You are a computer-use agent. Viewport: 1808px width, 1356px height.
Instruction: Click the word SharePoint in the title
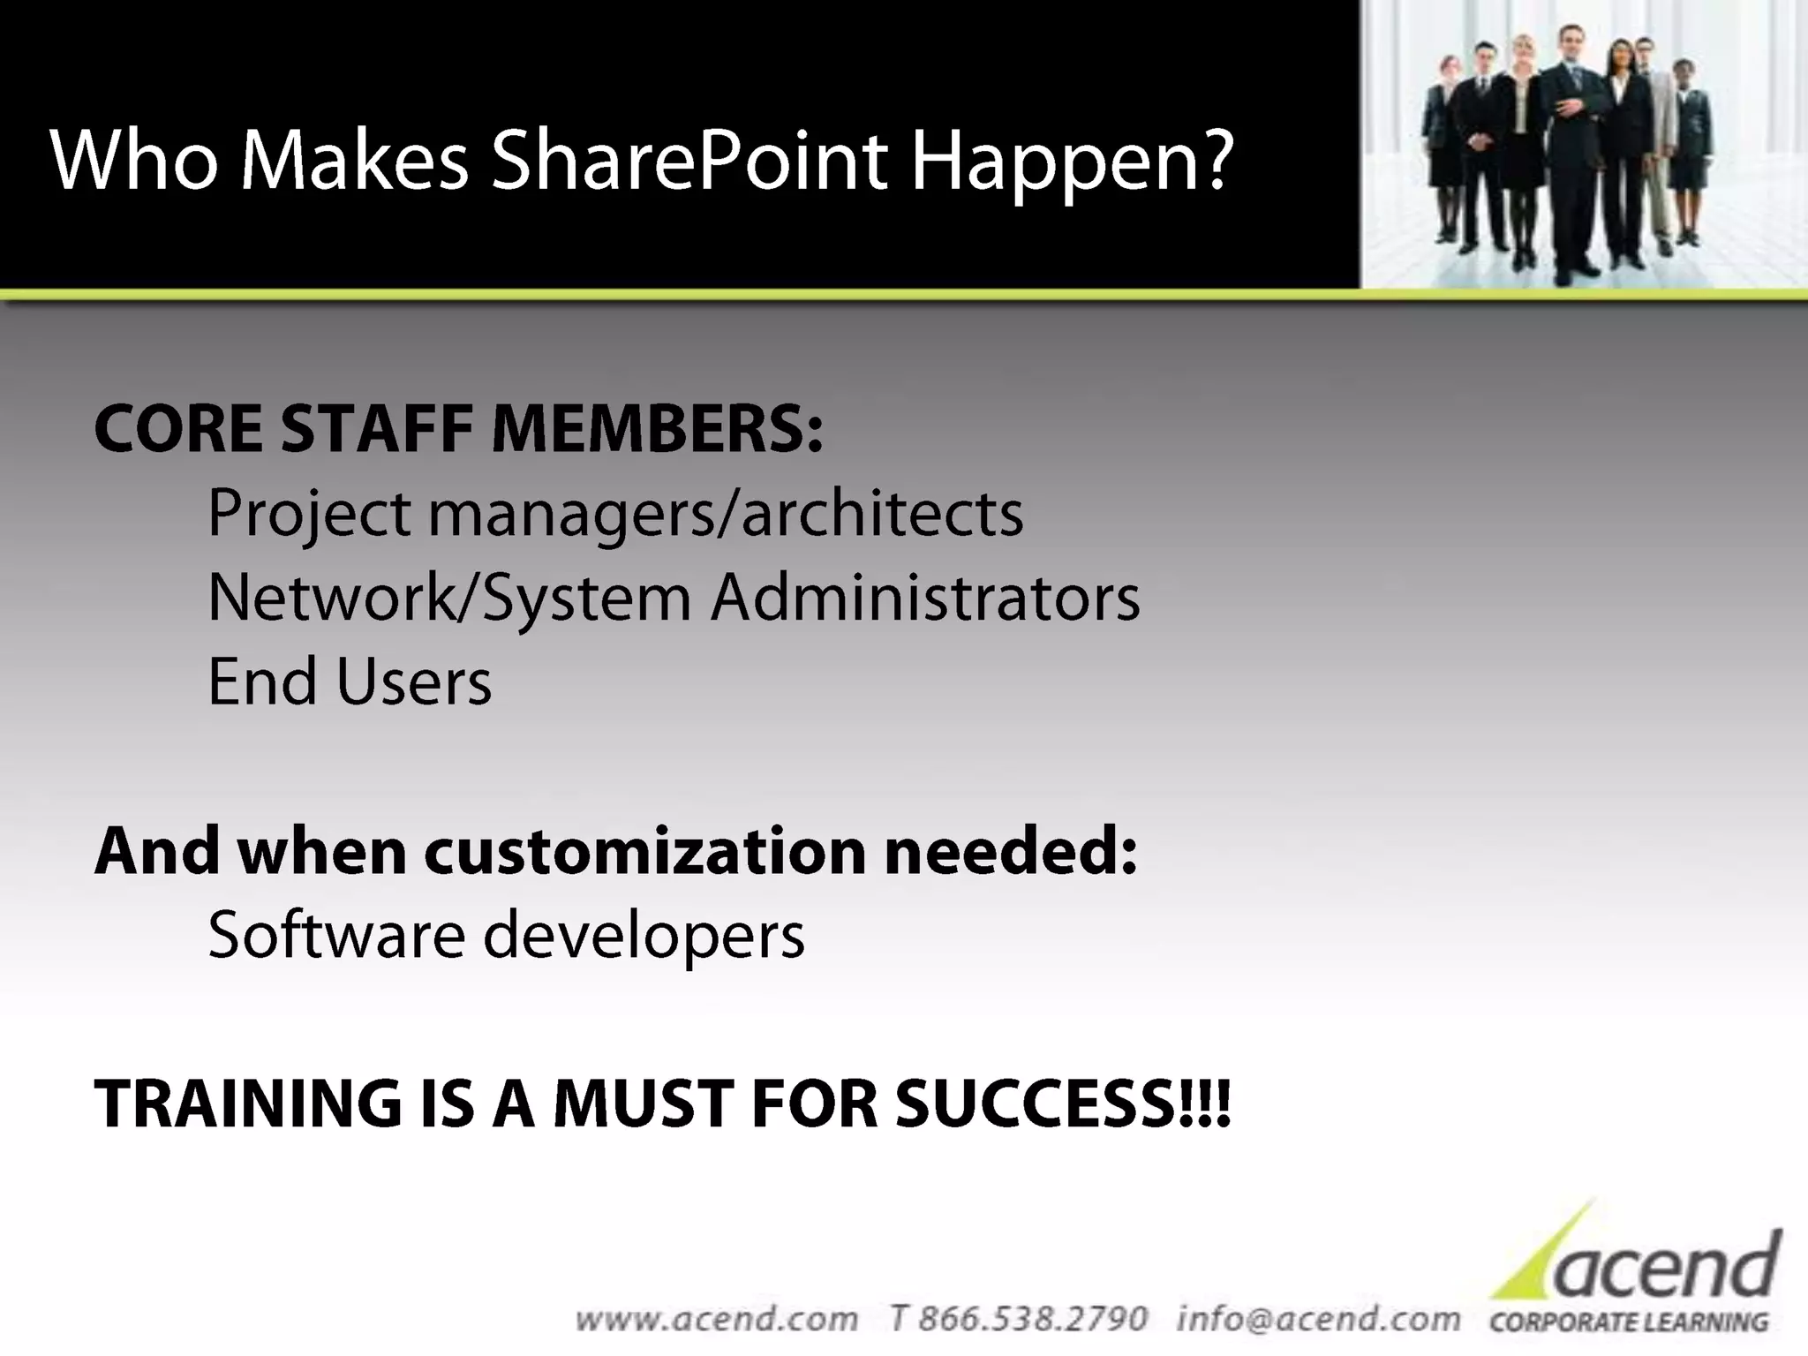pos(689,161)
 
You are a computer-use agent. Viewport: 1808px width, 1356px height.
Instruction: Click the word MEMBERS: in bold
pos(657,429)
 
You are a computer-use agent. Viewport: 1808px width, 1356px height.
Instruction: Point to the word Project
pos(309,514)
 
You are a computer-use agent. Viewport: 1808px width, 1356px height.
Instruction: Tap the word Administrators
pos(925,598)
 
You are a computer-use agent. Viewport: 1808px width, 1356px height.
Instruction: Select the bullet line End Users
pos(350,682)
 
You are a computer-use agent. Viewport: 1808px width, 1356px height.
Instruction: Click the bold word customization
pos(645,852)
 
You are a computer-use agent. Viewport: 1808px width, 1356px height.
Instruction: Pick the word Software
pos(336,935)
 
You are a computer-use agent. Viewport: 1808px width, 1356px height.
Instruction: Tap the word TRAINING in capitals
pos(247,1104)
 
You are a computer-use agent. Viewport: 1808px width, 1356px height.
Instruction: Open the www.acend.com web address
pos(716,1319)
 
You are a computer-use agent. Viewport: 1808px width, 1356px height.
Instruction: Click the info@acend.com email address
pos(1318,1319)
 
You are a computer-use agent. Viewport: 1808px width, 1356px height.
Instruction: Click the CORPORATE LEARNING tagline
pos(1629,1322)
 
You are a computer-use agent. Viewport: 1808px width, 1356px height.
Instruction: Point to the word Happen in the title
pos(1056,162)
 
